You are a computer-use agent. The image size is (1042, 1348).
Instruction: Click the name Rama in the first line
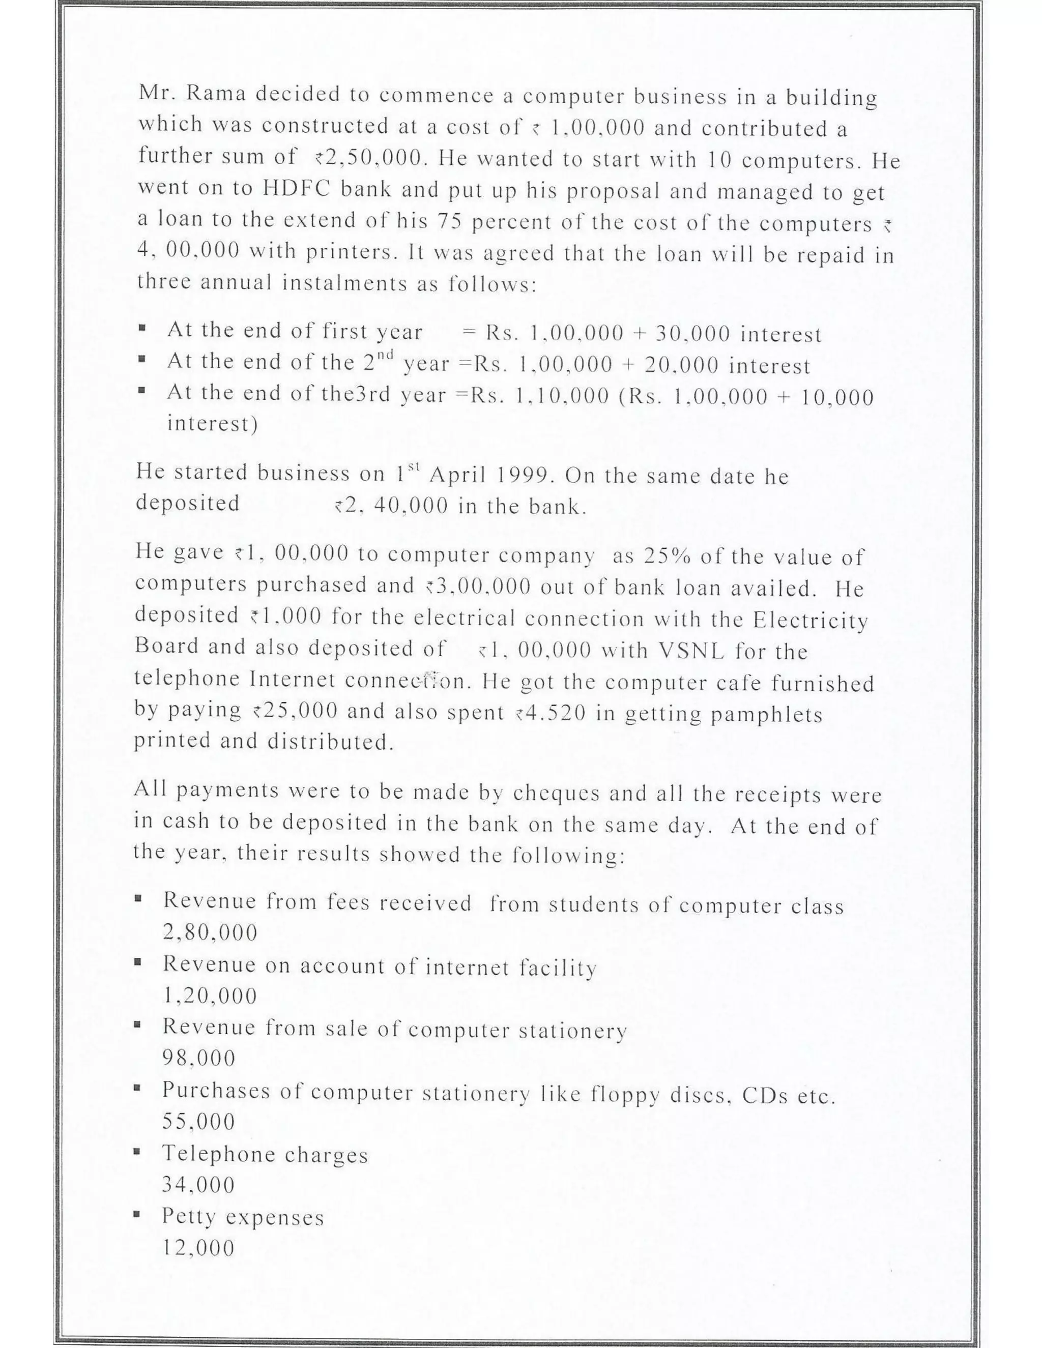(x=216, y=94)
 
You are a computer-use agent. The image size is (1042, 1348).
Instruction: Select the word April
(x=455, y=475)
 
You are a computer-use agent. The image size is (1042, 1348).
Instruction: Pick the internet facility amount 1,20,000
(x=210, y=995)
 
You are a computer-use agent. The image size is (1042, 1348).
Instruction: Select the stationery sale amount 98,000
(x=199, y=1059)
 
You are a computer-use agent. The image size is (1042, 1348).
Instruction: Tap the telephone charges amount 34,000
(x=199, y=1184)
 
